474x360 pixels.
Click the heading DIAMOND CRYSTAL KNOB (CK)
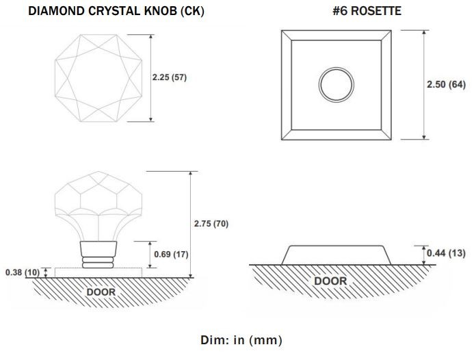[x=116, y=11]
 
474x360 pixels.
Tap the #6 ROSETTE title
[x=367, y=11]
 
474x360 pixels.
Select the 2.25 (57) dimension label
[x=170, y=77]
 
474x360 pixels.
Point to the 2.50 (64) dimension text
[x=446, y=84]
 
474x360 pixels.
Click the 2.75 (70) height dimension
[x=211, y=224]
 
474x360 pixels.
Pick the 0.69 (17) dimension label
[x=171, y=254]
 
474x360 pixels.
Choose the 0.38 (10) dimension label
[x=23, y=272]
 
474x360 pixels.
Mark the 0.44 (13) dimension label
[x=446, y=253]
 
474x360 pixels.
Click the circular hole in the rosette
[x=336, y=85]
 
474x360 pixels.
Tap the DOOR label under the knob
[x=101, y=292]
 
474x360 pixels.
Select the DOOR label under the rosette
[x=330, y=281]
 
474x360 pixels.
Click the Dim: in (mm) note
[x=241, y=340]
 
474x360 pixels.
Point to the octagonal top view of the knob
[x=55, y=78]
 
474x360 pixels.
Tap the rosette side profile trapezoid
[x=336, y=246]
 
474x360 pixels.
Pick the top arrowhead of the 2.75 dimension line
[x=190, y=174]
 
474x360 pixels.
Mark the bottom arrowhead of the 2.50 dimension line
[x=424, y=137]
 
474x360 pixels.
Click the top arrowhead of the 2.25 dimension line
[x=151, y=37]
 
